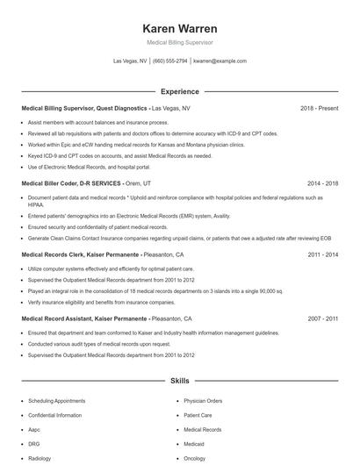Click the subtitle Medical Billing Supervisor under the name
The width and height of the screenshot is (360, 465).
[x=179, y=42]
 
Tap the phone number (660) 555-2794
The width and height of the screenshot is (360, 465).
[x=170, y=61]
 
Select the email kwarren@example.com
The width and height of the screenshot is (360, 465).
[x=220, y=61]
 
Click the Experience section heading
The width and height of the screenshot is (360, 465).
[x=179, y=91]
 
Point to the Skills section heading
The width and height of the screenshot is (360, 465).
[x=179, y=382]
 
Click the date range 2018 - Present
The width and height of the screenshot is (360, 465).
[x=319, y=108]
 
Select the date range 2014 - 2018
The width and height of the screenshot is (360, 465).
[x=322, y=183]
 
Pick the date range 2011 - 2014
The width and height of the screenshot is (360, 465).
[x=322, y=254]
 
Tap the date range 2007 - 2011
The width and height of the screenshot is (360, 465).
[x=322, y=318]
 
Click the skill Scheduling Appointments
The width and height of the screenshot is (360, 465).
[x=56, y=400]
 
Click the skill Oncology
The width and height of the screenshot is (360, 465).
[x=195, y=458]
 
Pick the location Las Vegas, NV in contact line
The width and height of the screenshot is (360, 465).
[x=130, y=61]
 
